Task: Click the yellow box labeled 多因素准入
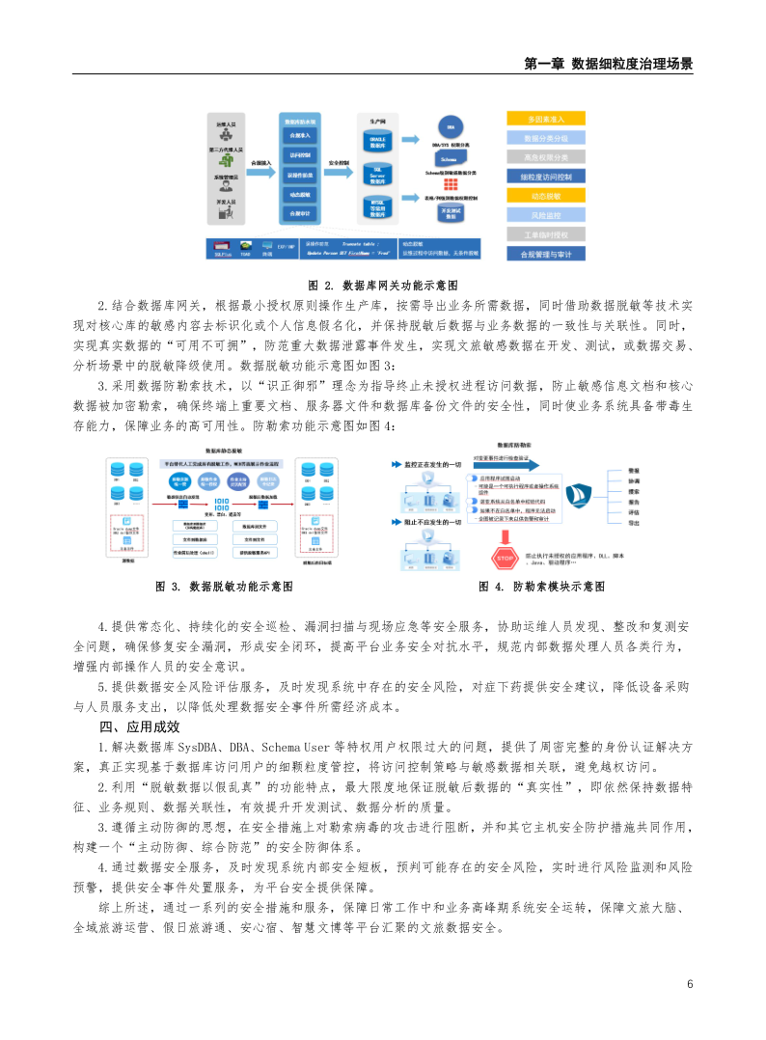pyautogui.click(x=546, y=118)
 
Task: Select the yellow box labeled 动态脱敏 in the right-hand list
pyautogui.click(x=546, y=196)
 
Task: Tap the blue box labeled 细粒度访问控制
pyautogui.click(x=546, y=177)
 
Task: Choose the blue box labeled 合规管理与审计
pyautogui.click(x=546, y=254)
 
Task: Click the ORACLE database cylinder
pyautogui.click(x=378, y=141)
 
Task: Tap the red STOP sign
pyautogui.click(x=506, y=559)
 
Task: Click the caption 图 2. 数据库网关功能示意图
pyautogui.click(x=382, y=286)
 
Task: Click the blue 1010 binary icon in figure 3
pyautogui.click(x=221, y=503)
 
